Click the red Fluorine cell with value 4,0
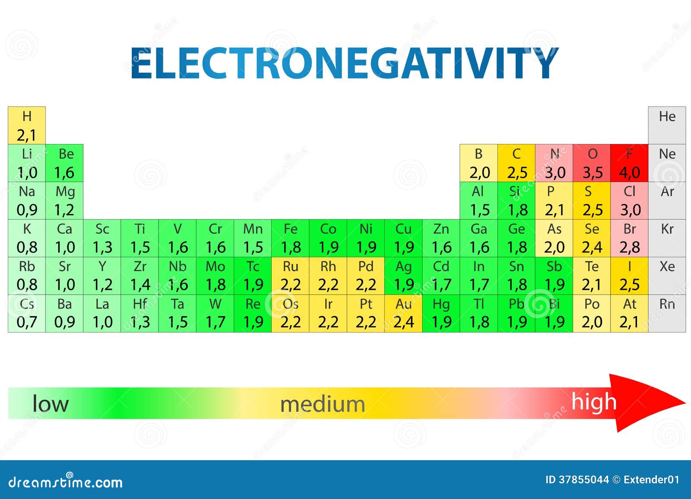(629, 163)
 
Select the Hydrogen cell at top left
(27, 126)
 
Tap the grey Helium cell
(667, 126)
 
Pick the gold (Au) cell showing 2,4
(403, 313)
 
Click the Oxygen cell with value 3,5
(592, 163)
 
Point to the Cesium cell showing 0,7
(27, 313)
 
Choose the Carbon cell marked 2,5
(517, 163)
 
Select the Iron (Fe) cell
(290, 238)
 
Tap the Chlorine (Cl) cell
(629, 201)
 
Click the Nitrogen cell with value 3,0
(554, 163)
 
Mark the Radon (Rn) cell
(667, 313)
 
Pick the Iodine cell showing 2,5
(629, 276)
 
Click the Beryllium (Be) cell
(64, 163)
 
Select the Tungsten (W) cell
(215, 313)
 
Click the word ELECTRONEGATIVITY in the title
(345, 63)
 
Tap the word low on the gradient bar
(51, 404)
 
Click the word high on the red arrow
(594, 402)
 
